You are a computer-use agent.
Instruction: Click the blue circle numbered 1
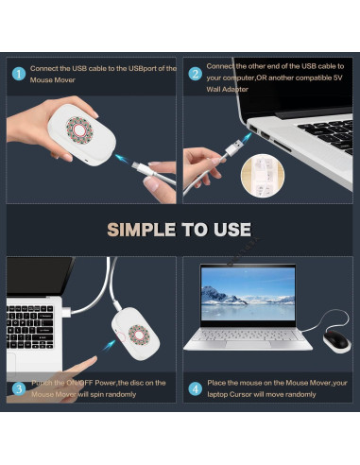coord(19,74)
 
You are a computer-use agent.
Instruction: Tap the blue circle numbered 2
coord(195,74)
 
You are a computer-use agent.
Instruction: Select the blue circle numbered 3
coord(19,387)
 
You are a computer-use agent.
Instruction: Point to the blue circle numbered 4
coord(195,387)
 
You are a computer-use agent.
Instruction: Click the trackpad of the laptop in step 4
coord(248,340)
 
